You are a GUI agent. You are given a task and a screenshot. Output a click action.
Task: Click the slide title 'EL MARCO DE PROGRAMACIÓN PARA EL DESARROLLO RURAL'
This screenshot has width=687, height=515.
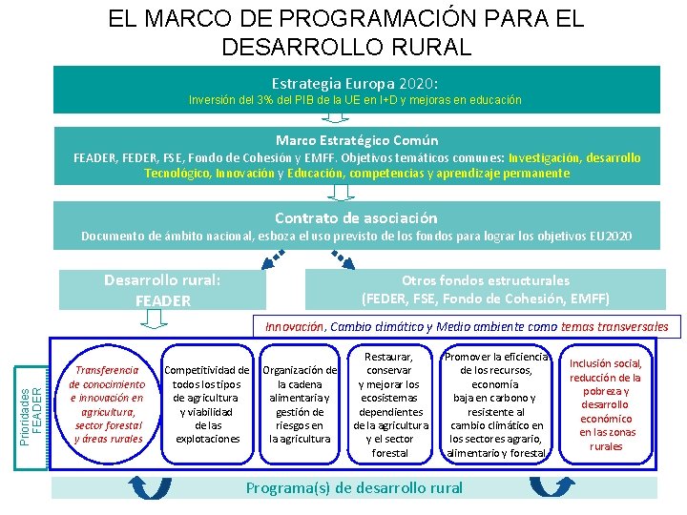click(x=344, y=31)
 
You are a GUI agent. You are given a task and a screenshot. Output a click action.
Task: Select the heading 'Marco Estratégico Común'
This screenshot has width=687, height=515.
click(x=357, y=140)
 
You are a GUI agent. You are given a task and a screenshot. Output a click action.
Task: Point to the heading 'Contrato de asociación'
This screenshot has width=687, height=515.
click(x=356, y=217)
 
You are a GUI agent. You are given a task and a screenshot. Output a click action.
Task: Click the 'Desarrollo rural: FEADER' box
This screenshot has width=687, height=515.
click(x=162, y=290)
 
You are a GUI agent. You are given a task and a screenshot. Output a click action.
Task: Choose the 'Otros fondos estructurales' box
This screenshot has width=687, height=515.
click(x=486, y=289)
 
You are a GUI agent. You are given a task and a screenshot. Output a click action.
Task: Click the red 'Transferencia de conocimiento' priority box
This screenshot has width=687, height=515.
click(x=106, y=403)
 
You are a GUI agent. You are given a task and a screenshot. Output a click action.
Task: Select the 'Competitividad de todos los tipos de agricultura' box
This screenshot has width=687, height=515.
click(x=207, y=403)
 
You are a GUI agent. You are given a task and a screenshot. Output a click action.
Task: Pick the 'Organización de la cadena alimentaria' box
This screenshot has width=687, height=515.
click(x=299, y=403)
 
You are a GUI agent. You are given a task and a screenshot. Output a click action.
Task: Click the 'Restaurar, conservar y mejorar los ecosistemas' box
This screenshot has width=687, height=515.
click(x=389, y=403)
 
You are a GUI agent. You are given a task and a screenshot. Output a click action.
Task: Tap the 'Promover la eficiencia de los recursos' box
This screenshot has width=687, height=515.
click(x=496, y=403)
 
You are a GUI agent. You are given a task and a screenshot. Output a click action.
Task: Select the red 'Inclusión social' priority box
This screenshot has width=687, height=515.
click(x=606, y=403)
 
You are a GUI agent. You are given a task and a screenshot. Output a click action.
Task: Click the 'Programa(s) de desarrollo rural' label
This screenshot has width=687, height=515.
click(x=354, y=487)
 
